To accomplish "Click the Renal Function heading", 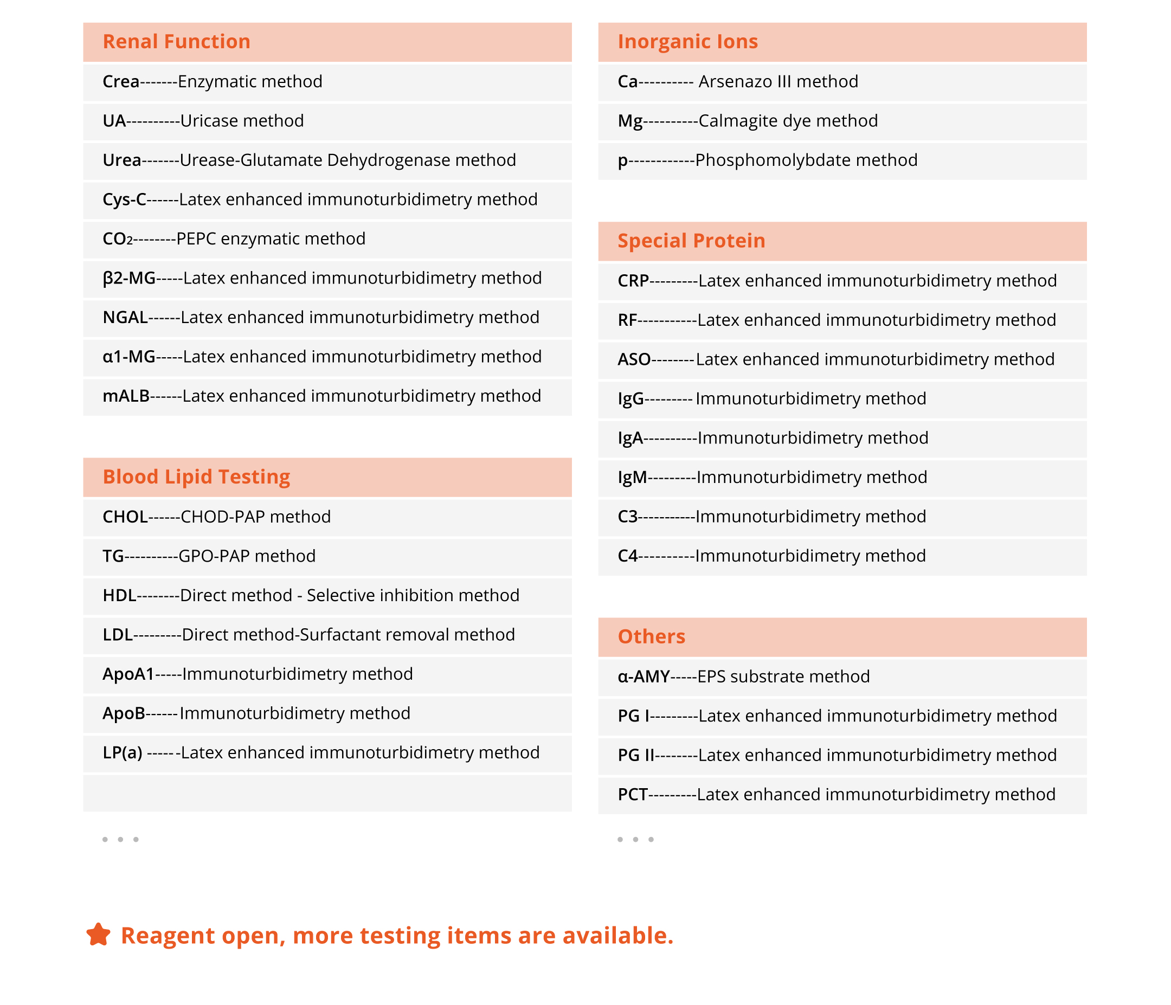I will point(176,42).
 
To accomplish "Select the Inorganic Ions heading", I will point(687,42).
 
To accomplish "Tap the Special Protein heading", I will point(691,241).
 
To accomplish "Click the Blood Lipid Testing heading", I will point(196,477).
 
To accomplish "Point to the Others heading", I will point(651,636).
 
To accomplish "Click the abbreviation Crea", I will point(121,82).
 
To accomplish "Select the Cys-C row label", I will point(124,199).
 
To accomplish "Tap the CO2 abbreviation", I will point(117,239).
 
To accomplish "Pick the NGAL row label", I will point(125,318).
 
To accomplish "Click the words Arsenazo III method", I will point(778,82).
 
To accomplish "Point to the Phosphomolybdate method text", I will point(806,160).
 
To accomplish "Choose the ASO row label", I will point(634,359).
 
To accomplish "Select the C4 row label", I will point(627,556).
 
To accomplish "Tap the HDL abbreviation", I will point(119,596).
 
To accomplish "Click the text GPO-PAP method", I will point(247,556).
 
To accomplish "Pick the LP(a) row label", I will point(123,753).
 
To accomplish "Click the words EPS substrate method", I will point(783,677).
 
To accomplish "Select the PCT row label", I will point(633,795).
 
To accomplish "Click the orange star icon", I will point(98,935).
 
